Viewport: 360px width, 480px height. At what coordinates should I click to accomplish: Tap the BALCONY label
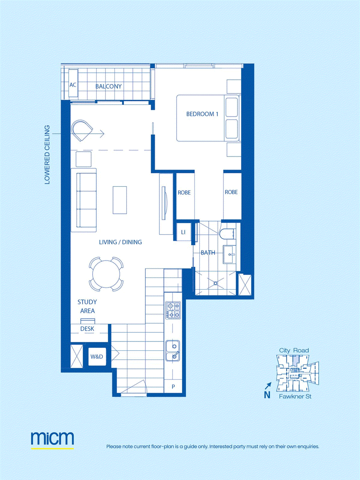pos(108,86)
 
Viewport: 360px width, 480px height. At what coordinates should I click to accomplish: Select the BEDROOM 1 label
pos(202,114)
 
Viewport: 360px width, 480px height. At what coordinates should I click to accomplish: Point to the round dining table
pos(106,274)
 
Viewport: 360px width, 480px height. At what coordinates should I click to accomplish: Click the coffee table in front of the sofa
pos(120,200)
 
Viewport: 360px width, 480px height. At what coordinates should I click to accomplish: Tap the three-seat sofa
pos(84,200)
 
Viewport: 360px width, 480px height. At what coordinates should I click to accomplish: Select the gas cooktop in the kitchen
pos(173,310)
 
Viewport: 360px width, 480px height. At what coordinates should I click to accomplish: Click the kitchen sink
pos(173,350)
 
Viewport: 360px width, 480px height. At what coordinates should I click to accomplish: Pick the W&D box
pos(97,357)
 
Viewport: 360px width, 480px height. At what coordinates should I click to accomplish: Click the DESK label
pos(87,329)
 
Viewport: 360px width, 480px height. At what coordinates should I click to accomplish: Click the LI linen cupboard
pos(183,232)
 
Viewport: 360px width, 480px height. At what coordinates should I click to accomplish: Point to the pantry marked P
pos(173,386)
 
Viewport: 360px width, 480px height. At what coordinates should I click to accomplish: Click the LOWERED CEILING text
pos(47,155)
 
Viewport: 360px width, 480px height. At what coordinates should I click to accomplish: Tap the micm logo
pos(52,439)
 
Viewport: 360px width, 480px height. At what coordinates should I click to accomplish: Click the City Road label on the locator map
pos(294,350)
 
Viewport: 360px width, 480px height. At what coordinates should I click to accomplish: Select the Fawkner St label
pos(295,396)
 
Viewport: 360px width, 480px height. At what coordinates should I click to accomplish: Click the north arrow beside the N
pos(268,385)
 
